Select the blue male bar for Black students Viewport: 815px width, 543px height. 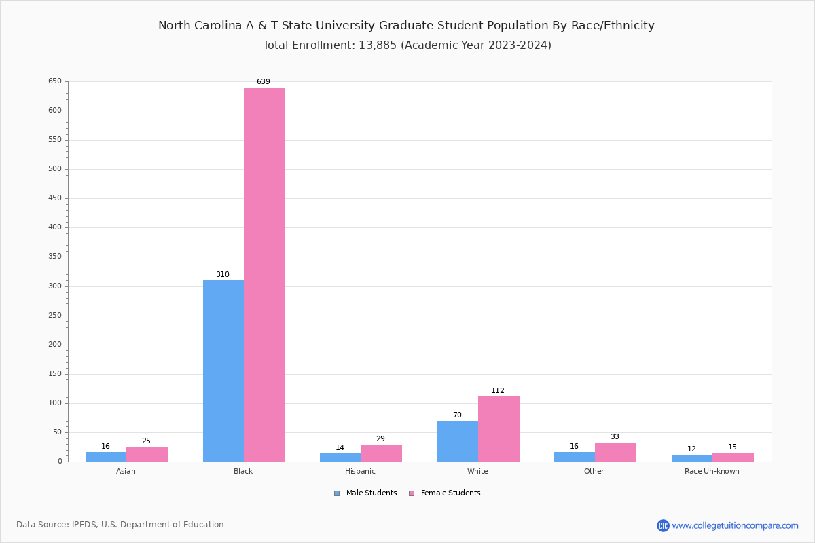tap(223, 371)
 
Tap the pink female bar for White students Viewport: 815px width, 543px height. tap(499, 429)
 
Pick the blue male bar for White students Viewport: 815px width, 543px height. tap(458, 441)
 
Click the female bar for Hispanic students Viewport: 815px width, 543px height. tap(381, 453)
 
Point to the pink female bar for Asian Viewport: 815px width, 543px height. tap(147, 454)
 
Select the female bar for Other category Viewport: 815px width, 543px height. tap(615, 452)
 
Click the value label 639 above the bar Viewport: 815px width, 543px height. tap(264, 82)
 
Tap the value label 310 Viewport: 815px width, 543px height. tap(223, 275)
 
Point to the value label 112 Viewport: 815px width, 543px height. tap(498, 391)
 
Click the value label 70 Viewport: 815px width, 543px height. tap(457, 415)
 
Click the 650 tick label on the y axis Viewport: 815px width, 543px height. tap(55, 81)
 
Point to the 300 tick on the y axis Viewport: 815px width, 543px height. tap(55, 286)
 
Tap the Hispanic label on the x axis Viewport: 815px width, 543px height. tap(360, 471)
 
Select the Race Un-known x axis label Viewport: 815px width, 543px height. tap(712, 471)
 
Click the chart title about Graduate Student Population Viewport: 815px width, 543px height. tap(406, 26)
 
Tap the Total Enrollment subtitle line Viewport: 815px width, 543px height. tap(407, 45)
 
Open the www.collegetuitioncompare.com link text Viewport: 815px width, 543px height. tap(735, 525)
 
